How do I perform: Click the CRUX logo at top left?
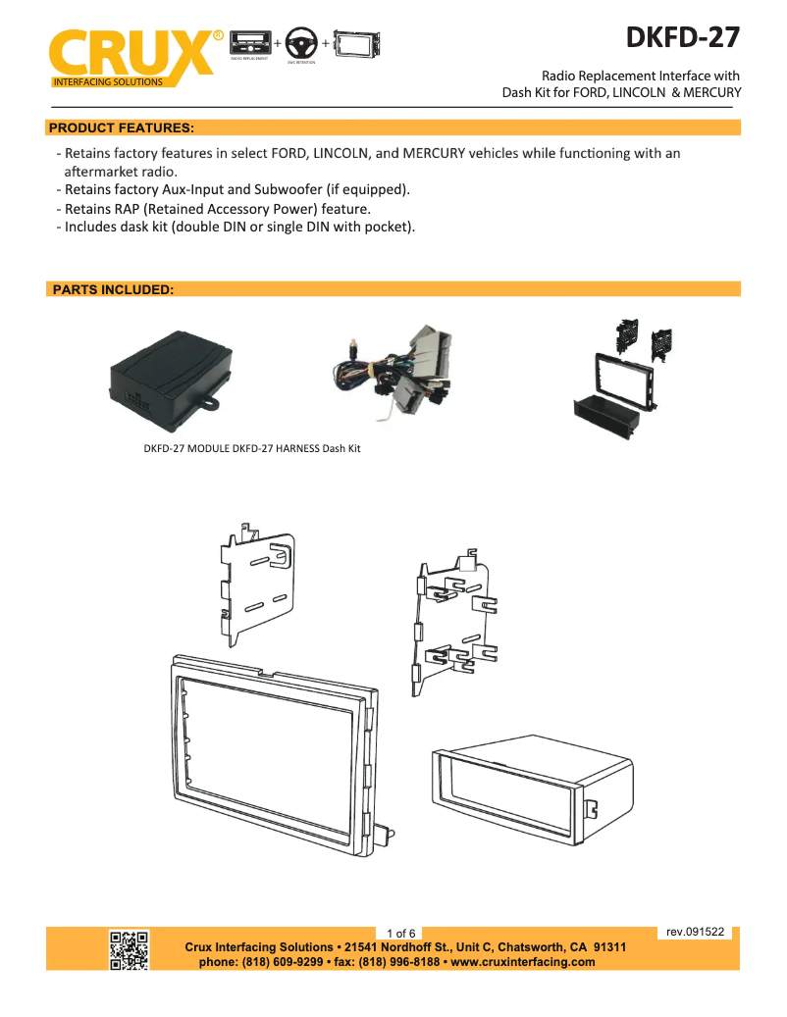(132, 54)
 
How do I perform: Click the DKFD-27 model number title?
(684, 37)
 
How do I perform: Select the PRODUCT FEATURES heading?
(122, 127)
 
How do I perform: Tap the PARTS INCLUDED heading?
(113, 290)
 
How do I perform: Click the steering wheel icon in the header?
(301, 44)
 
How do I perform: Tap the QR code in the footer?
(129, 949)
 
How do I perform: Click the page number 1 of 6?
(401, 933)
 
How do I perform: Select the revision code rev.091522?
(695, 932)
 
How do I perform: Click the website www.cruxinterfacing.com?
(522, 962)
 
